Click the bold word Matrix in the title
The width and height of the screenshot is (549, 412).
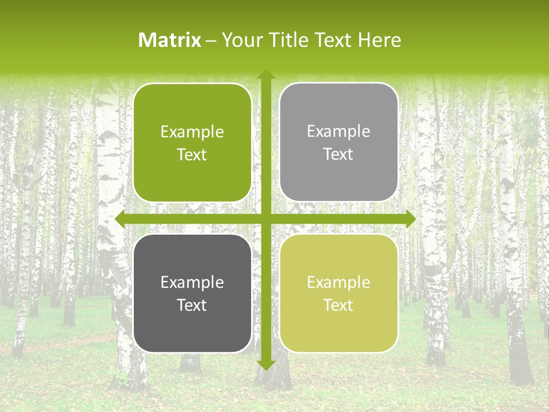point(170,40)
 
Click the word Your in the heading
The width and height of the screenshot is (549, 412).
point(240,40)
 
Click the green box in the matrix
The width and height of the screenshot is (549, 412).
point(192,143)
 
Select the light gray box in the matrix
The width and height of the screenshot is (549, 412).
point(339,142)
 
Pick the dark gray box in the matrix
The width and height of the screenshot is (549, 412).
point(192,294)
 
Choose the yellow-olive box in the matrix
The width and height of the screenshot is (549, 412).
point(339,294)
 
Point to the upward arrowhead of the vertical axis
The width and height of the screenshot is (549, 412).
point(265,75)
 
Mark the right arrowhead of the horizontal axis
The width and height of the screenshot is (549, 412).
point(410,219)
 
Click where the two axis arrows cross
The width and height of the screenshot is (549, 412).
point(265,219)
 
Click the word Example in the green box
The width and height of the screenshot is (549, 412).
point(192,132)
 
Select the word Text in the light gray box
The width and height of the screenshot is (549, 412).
point(339,154)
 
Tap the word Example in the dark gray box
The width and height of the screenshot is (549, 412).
point(192,283)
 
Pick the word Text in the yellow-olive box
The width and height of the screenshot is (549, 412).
point(339,306)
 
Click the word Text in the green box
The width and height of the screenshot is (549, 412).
point(192,155)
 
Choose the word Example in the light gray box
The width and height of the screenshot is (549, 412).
point(339,132)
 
